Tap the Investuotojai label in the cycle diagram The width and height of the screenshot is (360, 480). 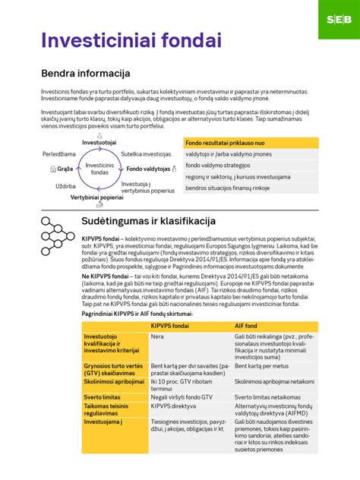(99, 142)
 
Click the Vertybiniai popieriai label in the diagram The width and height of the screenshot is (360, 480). (97, 197)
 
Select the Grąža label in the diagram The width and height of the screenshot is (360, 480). (65, 169)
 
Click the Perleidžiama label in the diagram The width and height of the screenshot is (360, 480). (59, 153)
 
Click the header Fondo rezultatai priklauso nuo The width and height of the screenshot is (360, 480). (225, 142)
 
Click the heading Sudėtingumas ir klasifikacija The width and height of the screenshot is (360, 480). (155, 220)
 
